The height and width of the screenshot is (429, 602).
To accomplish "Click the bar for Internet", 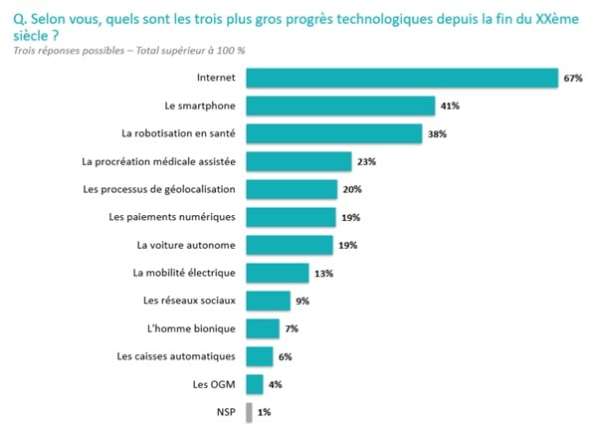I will point(400,78).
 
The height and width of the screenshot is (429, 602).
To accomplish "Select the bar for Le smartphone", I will point(339,106).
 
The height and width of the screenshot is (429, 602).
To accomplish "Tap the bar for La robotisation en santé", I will point(332,133).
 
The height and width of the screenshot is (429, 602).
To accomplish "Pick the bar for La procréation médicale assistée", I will point(299,161).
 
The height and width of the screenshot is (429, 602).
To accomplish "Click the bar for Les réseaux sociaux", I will point(267,301).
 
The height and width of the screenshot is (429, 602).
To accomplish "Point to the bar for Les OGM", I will point(255,383).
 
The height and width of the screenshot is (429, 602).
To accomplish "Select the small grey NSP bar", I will point(249,411).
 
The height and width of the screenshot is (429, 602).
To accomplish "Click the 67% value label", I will point(572,78).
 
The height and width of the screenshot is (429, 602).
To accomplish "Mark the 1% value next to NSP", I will point(264,411).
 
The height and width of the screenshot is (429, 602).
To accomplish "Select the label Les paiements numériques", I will point(171,217).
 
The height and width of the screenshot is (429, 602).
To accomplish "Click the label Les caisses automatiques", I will point(175,356).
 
